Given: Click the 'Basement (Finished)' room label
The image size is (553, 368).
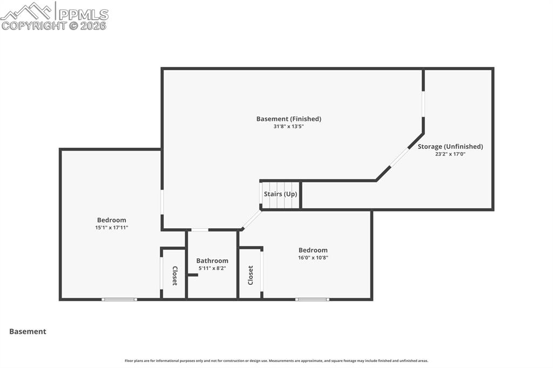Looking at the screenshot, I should (x=288, y=119).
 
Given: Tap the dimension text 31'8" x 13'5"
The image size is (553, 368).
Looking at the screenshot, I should (x=288, y=126).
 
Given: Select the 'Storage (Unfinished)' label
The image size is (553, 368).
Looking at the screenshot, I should (x=450, y=146).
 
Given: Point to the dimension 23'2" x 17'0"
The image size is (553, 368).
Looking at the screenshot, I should (x=450, y=154).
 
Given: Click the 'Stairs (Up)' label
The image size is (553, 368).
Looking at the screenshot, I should (x=280, y=194).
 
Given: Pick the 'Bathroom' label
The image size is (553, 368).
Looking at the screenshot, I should (x=212, y=261).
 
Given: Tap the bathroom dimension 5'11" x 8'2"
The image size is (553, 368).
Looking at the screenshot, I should (x=212, y=268).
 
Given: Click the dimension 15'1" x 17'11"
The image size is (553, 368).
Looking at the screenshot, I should (x=111, y=228).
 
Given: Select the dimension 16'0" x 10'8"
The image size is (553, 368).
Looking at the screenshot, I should (x=313, y=258).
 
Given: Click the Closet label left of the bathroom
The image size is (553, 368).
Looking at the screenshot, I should (x=174, y=275).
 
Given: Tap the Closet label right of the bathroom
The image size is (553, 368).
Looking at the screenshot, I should (x=250, y=275).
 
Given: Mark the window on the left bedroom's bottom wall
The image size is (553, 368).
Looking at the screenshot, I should (x=119, y=299).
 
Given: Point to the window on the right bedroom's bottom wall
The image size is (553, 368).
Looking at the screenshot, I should (x=312, y=299).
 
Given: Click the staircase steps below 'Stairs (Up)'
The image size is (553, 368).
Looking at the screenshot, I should (x=280, y=203).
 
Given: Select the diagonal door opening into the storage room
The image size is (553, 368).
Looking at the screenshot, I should (x=399, y=157).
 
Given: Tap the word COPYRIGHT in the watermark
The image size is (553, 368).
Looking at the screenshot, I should (x=33, y=25).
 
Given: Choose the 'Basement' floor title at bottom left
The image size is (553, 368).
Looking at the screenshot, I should (x=28, y=332).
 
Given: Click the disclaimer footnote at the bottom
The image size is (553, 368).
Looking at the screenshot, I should (x=276, y=361).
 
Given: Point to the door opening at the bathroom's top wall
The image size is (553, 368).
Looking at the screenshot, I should (x=200, y=230).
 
